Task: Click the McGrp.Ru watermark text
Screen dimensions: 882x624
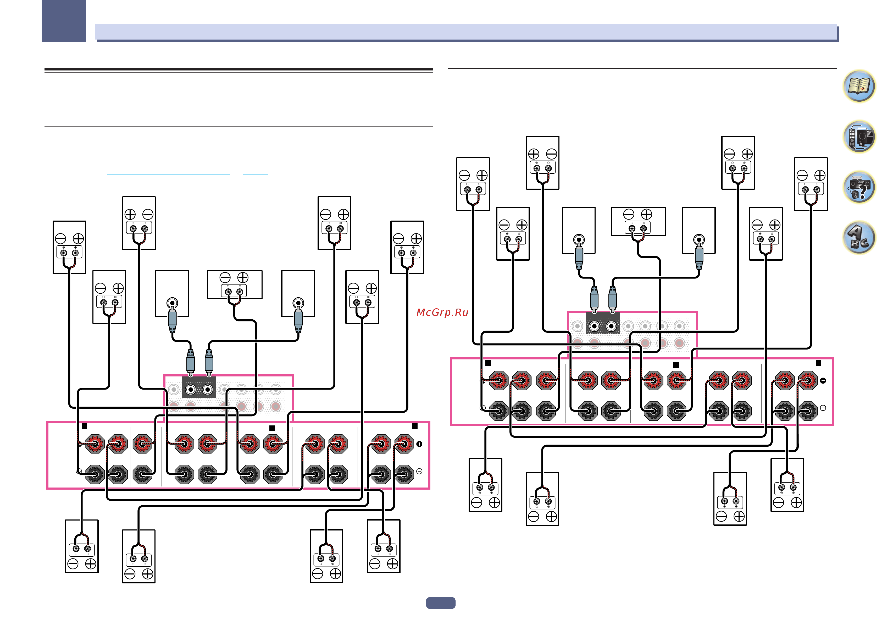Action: click(442, 312)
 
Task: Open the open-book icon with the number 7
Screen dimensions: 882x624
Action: click(859, 86)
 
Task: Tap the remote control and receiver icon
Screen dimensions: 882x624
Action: click(859, 136)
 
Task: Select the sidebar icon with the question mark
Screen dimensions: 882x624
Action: click(859, 187)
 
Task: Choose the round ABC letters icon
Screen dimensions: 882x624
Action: click(859, 237)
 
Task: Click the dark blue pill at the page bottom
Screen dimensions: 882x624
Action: click(441, 603)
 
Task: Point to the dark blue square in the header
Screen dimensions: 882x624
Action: click(64, 21)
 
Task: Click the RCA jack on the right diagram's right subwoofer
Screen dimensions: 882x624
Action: click(699, 240)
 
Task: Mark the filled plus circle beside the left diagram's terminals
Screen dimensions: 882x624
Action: click(419, 444)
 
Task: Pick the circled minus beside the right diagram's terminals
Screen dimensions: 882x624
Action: click(823, 408)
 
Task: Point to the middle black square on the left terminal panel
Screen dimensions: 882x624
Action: click(272, 428)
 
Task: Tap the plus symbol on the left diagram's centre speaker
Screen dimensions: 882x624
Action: click(243, 277)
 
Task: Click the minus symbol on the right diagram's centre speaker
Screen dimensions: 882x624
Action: click(629, 214)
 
